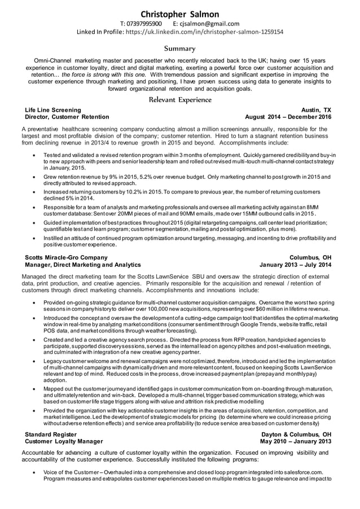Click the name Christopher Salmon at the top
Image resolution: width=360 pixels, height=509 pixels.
tap(179, 14)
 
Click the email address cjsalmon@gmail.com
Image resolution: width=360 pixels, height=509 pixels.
tap(212, 24)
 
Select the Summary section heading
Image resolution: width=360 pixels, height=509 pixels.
tap(179, 49)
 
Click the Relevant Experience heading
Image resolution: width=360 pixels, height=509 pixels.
tap(179, 100)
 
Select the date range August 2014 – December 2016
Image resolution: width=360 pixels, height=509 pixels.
tap(288, 117)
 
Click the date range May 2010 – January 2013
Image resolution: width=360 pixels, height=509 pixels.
tap(295, 441)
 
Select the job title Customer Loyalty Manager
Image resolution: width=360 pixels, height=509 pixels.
tap(64, 441)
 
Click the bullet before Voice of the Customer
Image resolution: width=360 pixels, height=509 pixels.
tap(36, 472)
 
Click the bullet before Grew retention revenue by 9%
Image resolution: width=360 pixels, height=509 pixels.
tap(36, 177)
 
